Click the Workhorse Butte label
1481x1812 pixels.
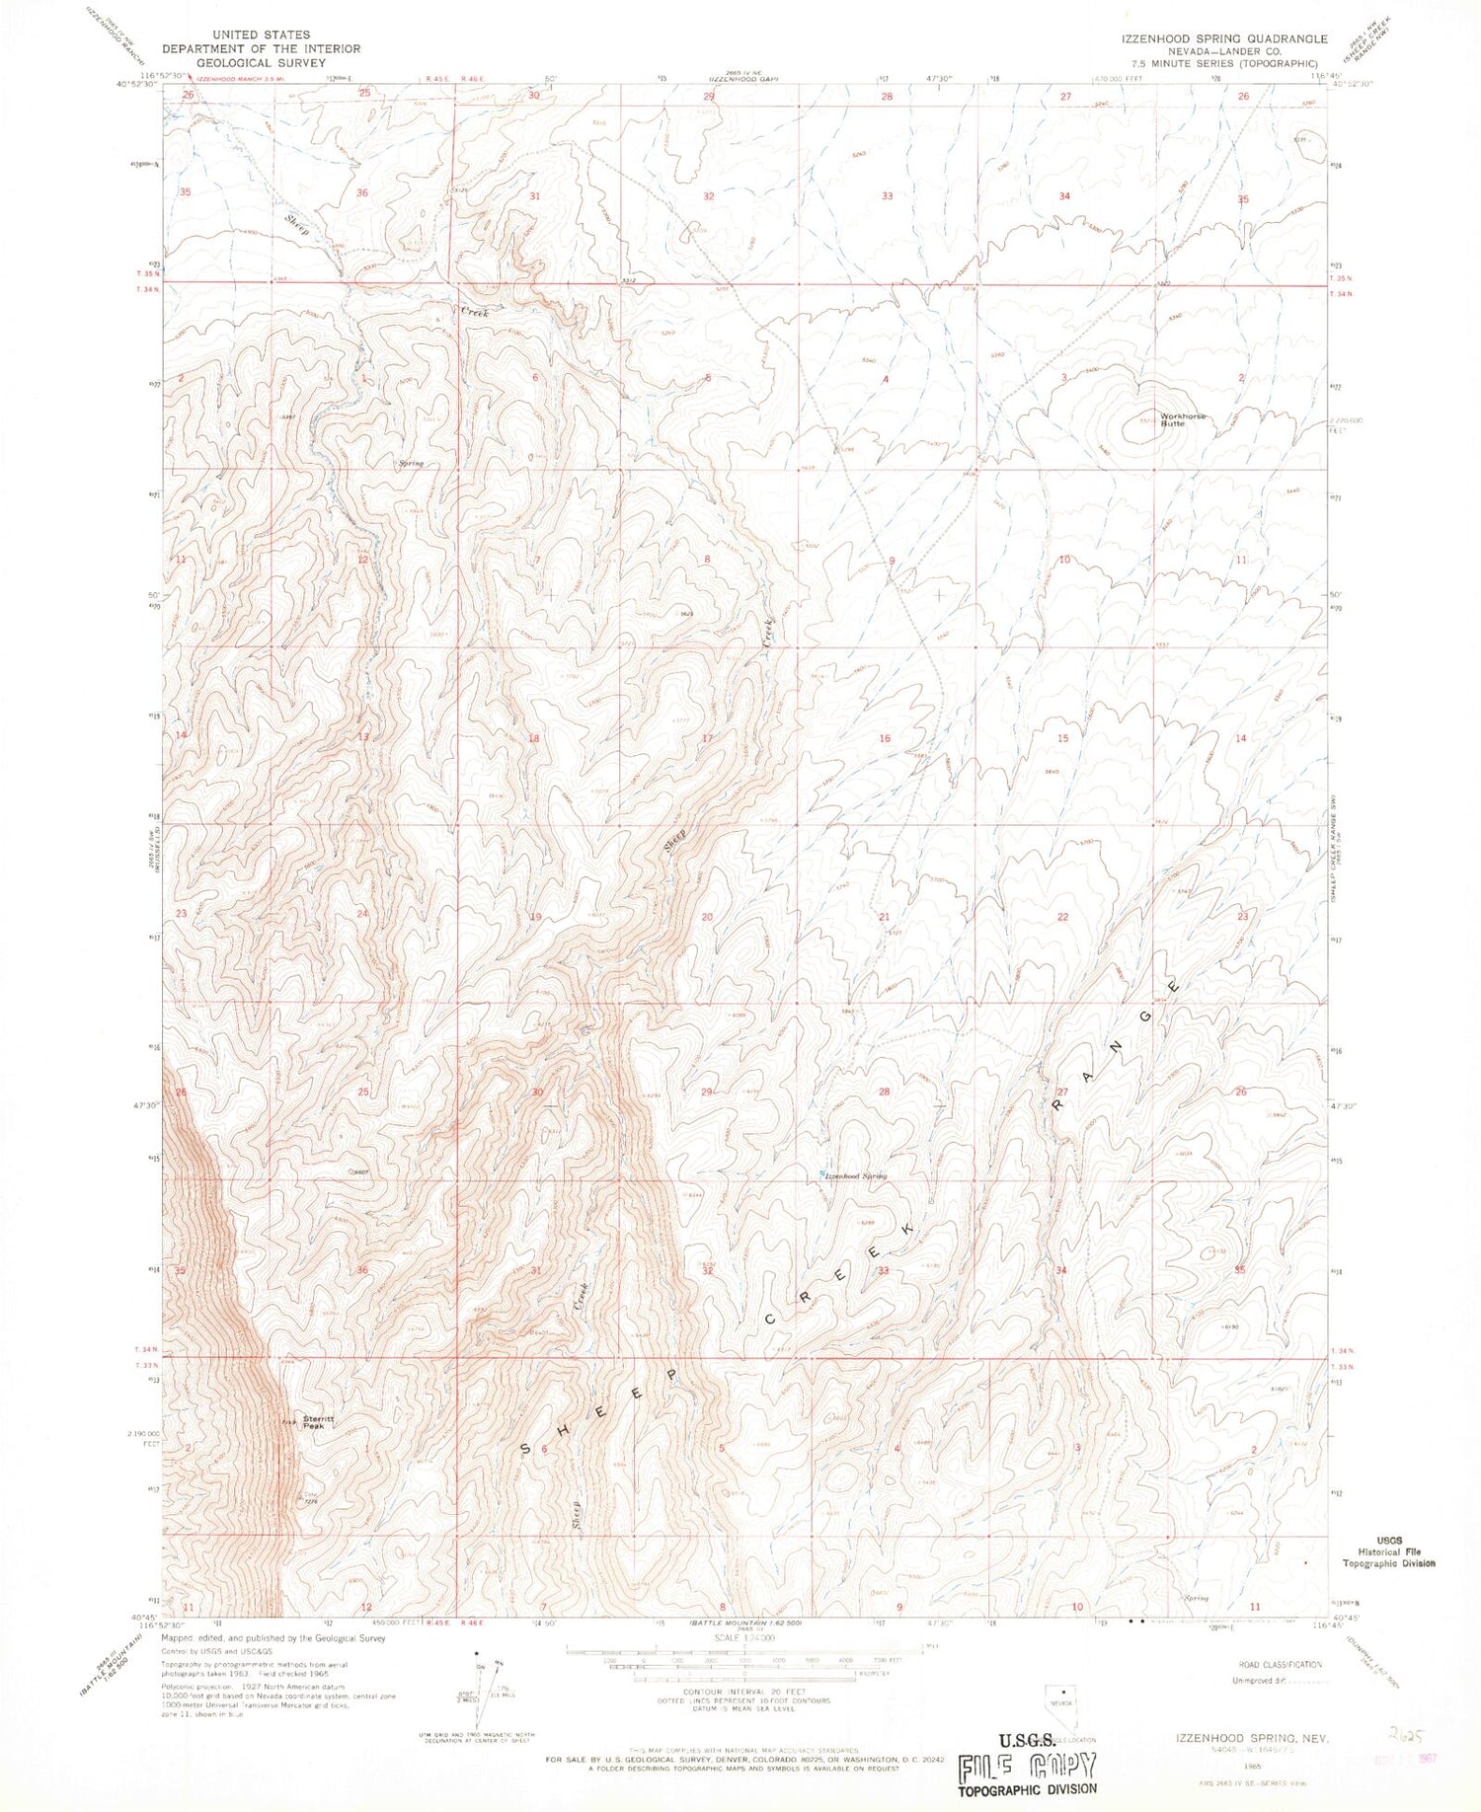coord(1182,419)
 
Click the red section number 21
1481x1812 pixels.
coord(885,917)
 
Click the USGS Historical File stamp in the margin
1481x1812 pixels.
coord(1388,1550)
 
